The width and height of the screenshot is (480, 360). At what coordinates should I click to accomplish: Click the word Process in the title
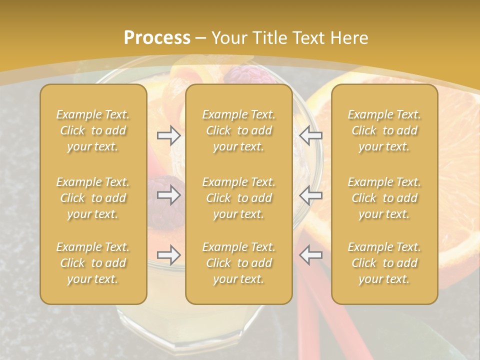(x=157, y=37)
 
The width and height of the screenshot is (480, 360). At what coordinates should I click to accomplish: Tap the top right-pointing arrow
(x=169, y=135)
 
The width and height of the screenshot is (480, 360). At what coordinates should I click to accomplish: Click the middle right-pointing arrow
(x=169, y=195)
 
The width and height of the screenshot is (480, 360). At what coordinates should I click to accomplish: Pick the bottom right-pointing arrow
(x=169, y=255)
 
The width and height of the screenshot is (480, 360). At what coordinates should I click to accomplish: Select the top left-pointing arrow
(x=310, y=135)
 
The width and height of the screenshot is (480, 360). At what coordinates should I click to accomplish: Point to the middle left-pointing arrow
(x=310, y=195)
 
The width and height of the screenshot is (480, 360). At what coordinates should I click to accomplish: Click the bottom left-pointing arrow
(x=310, y=255)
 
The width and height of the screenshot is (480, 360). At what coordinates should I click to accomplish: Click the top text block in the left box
(x=93, y=130)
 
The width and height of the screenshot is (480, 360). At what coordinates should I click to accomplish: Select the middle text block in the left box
(x=93, y=198)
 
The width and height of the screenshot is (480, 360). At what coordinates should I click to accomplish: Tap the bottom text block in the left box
(x=93, y=263)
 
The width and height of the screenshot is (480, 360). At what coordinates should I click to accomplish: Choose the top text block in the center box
(x=238, y=130)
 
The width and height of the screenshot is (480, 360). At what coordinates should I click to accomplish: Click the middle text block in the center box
(x=238, y=198)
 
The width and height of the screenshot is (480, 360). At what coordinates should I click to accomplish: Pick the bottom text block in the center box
(x=238, y=263)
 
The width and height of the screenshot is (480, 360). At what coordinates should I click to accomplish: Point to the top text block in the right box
(x=384, y=130)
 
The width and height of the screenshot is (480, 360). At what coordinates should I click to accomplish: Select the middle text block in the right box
(x=384, y=198)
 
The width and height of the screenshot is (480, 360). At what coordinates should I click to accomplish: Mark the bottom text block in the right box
(x=384, y=263)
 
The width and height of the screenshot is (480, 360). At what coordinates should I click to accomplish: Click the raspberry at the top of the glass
(x=239, y=74)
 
